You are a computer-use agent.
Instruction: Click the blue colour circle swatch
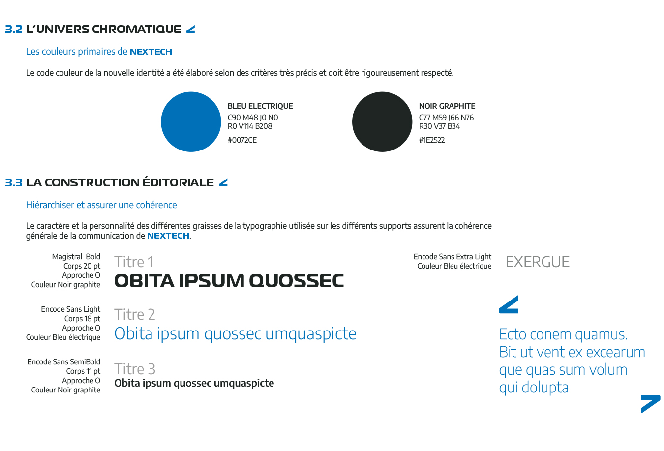click(x=191, y=122)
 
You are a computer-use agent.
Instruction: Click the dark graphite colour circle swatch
click(x=382, y=122)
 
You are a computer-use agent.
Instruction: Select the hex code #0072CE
click(x=242, y=140)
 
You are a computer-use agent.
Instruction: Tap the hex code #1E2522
click(x=432, y=140)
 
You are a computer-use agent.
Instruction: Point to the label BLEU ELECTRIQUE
click(x=260, y=106)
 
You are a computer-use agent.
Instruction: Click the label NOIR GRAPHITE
click(x=447, y=106)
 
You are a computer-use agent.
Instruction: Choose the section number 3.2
click(x=14, y=30)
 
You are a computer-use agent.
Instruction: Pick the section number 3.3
click(x=14, y=183)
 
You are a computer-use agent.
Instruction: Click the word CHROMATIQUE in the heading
click(x=136, y=30)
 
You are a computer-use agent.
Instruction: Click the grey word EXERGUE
click(x=538, y=262)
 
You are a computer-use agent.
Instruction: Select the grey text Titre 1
click(x=134, y=262)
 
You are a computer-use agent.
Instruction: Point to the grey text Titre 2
click(x=134, y=315)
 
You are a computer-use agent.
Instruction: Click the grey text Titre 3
click(x=134, y=369)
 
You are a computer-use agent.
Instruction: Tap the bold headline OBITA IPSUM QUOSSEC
click(x=229, y=281)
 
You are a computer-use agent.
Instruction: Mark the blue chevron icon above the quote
click(x=509, y=305)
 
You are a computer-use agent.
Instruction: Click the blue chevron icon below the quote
click(x=650, y=403)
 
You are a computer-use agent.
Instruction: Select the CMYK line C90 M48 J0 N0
click(x=253, y=118)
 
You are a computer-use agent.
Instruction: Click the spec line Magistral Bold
click(x=76, y=257)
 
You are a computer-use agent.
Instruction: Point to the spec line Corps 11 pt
click(x=83, y=371)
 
